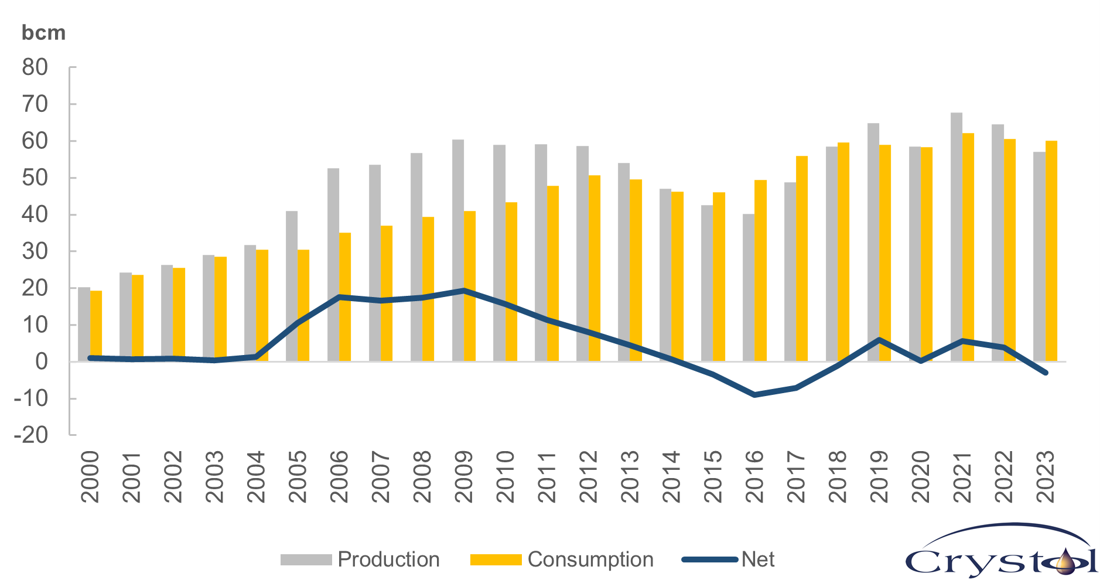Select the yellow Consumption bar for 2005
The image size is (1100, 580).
(303, 305)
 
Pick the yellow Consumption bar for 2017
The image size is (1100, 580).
(802, 258)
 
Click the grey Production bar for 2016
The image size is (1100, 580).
(749, 287)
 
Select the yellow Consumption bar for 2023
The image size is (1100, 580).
(1051, 251)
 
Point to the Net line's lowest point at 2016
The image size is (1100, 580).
(754, 395)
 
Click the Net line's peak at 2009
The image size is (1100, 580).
(463, 291)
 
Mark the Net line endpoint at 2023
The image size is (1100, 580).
(1046, 373)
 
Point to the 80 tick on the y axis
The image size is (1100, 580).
(35, 68)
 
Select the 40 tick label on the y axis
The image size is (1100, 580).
(35, 215)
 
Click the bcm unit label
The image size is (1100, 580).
(43, 33)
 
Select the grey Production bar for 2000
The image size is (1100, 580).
(84, 324)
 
